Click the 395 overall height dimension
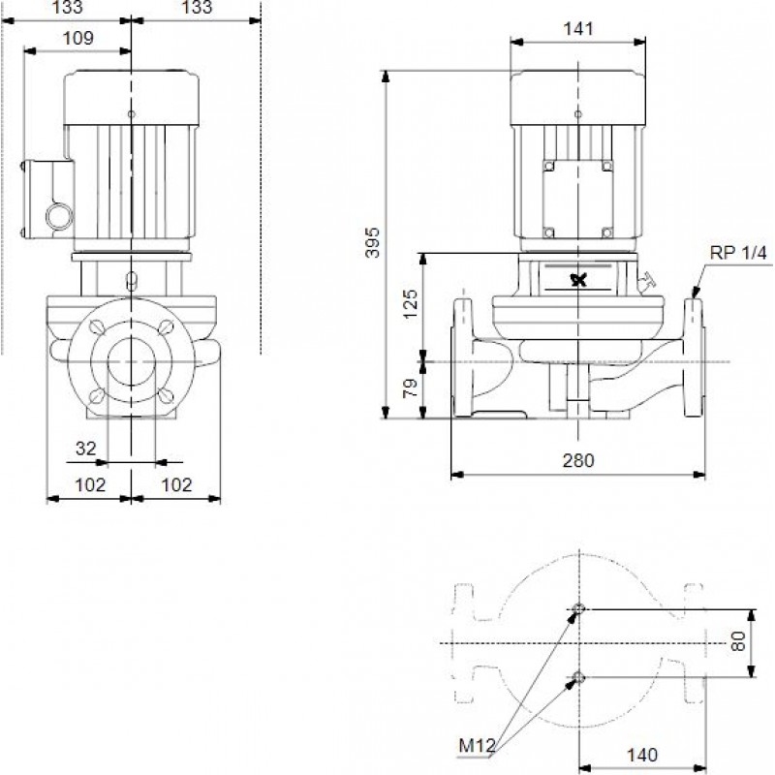(373, 242)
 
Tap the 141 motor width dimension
(578, 29)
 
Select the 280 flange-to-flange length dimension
(578, 461)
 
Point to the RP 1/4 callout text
(738, 253)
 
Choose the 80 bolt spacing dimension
(738, 641)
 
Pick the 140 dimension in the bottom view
(642, 755)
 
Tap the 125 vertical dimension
(410, 303)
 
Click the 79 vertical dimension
(410, 388)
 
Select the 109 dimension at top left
(77, 38)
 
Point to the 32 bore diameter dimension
(85, 449)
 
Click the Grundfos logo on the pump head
(578, 280)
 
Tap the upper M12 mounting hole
(578, 609)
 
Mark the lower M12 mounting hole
(578, 677)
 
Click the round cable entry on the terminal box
(59, 216)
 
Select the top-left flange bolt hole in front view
(96, 326)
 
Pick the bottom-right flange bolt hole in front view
(166, 396)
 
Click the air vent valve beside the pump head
(646, 283)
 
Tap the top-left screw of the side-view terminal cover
(548, 166)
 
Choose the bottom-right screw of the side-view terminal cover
(607, 232)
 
